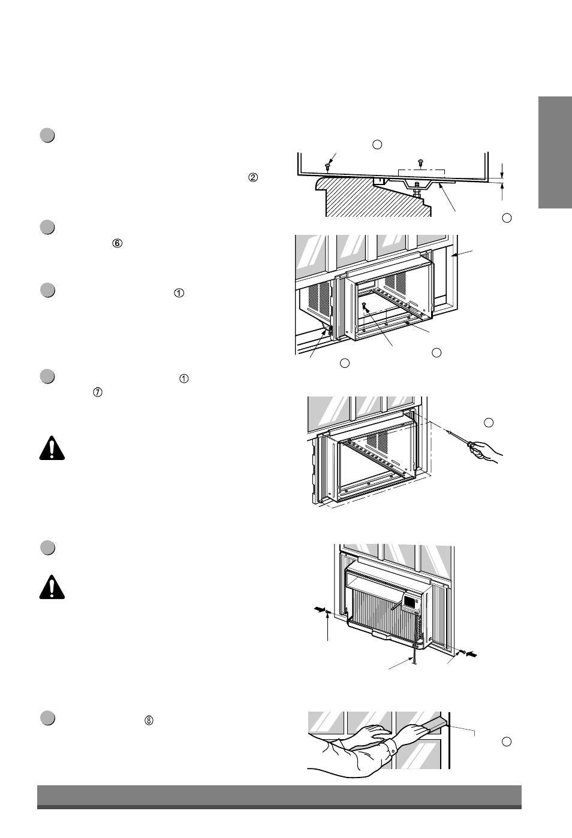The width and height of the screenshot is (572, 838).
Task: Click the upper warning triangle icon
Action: pos(52,448)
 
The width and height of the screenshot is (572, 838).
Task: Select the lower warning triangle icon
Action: pos(52,588)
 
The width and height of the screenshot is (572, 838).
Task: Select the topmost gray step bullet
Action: pos(48,135)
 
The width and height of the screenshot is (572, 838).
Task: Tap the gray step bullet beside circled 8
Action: pos(48,719)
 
